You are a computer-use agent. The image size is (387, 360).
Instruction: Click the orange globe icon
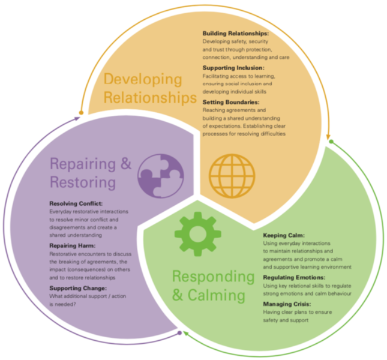[x=232, y=176]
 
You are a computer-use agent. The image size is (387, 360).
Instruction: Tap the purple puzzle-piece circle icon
[x=161, y=176]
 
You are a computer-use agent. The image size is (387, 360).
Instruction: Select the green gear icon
[x=197, y=234]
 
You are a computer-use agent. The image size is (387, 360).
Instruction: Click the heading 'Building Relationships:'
[x=236, y=34]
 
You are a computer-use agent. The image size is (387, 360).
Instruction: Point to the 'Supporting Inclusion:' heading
[x=233, y=68]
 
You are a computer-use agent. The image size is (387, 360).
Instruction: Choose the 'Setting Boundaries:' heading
[x=231, y=102]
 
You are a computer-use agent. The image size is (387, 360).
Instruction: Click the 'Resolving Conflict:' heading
[x=76, y=203]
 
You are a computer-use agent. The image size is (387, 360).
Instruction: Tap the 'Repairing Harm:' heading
[x=73, y=246]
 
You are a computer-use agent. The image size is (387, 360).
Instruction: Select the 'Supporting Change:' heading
[x=78, y=288]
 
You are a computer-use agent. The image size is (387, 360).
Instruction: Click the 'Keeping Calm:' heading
[x=284, y=235]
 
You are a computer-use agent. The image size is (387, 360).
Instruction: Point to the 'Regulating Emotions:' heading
[x=294, y=278]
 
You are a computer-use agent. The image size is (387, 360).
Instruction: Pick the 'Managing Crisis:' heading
[x=287, y=304]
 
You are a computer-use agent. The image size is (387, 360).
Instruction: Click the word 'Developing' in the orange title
[x=143, y=80]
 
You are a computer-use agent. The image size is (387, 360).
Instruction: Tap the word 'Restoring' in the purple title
[x=83, y=182]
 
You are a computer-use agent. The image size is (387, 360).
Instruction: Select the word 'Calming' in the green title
[x=217, y=296]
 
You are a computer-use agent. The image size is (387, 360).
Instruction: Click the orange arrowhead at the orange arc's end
[x=328, y=137]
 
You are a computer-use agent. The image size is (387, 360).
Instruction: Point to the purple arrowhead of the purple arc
[x=77, y=118]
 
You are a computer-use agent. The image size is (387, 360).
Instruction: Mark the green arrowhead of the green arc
[x=186, y=334]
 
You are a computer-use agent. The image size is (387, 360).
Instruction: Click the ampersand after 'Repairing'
[x=126, y=163]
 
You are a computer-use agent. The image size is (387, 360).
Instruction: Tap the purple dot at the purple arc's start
[x=179, y=333]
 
